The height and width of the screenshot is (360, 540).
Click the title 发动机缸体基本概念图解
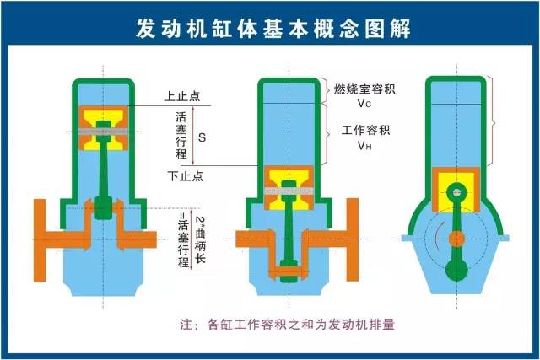273,28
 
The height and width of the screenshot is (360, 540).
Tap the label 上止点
182,96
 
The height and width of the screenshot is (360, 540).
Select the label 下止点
186,176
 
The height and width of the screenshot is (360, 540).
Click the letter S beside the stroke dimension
202,137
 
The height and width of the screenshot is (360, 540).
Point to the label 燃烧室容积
364,89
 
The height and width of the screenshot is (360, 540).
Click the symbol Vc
364,103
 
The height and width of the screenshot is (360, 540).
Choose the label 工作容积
365,130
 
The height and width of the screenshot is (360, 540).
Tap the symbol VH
364,146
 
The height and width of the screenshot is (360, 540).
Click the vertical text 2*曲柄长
201,239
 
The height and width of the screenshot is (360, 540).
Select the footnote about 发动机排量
287,325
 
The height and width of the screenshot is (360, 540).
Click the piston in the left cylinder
103,128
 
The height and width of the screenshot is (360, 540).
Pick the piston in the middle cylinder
289,188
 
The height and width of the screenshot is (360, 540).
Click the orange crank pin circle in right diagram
456,239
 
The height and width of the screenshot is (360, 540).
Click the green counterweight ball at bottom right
456,269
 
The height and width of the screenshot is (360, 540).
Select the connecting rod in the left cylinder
103,170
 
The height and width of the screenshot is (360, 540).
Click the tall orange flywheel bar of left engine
40,240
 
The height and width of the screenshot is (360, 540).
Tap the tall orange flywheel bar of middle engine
353,239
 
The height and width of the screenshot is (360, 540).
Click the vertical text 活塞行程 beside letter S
181,135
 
